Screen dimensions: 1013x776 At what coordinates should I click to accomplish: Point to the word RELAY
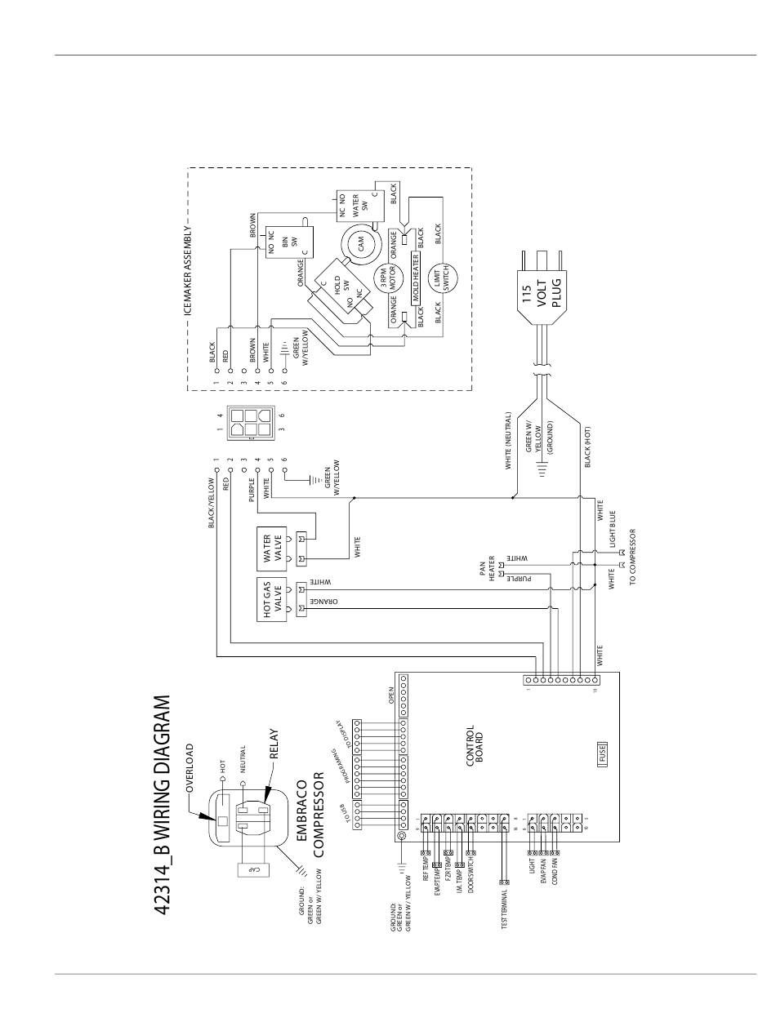(274, 744)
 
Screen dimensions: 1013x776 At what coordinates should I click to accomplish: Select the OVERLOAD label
(190, 768)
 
